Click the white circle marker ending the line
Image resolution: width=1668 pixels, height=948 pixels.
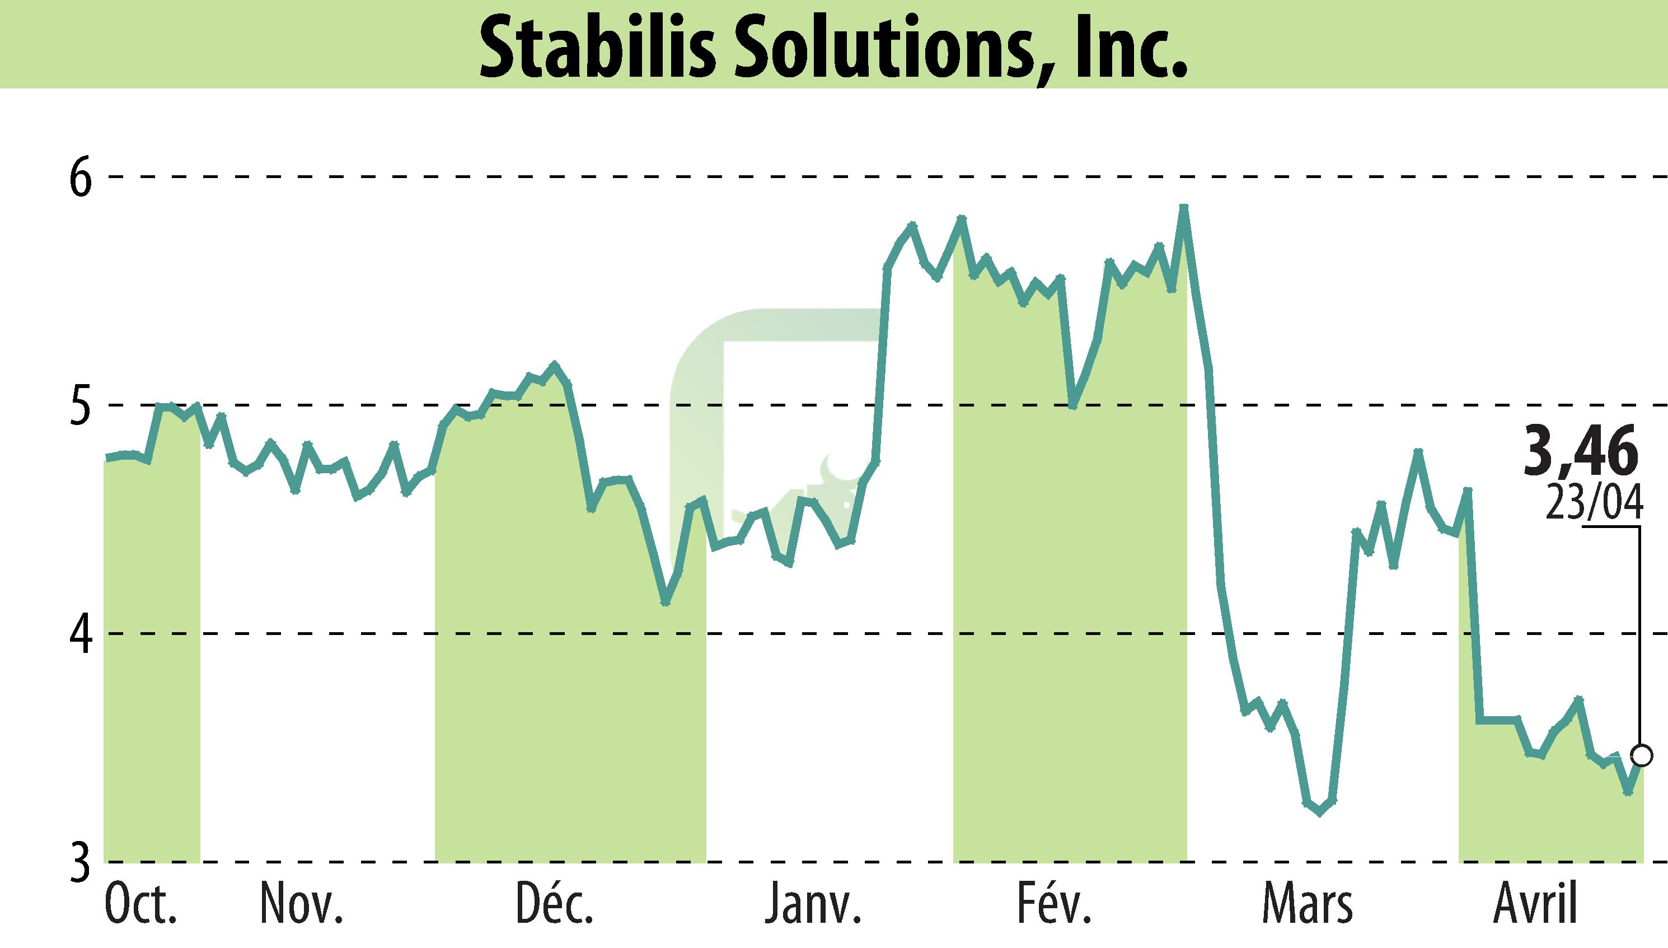(1643, 756)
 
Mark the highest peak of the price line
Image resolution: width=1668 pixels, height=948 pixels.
(1184, 208)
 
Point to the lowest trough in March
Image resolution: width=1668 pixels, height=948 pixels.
(1320, 812)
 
